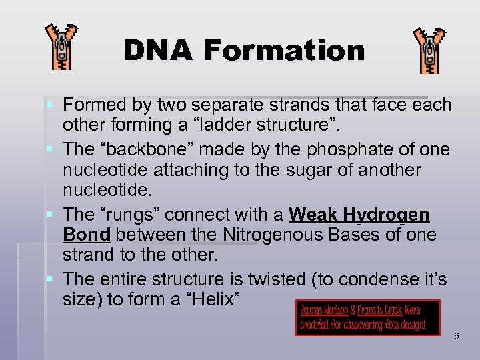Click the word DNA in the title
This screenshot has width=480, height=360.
point(159,51)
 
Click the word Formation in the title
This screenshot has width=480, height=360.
point(285,51)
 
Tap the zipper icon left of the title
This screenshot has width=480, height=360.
point(61,47)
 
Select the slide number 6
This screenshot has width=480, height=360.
point(457,336)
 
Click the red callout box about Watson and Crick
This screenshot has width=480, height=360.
point(369,317)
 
